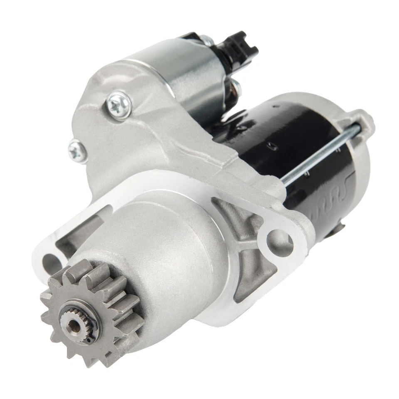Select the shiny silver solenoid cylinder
pos(183,79)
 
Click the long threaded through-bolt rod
pos(320,154)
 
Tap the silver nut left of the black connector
pos(207,40)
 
